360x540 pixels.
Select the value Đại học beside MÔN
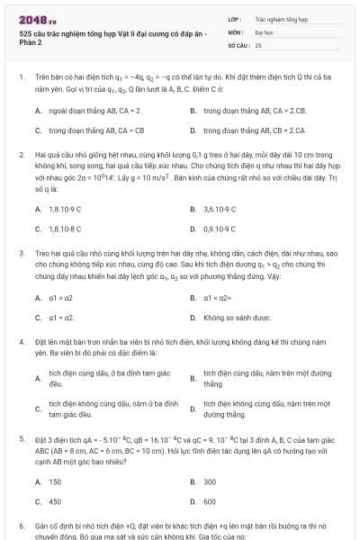[x=264, y=31]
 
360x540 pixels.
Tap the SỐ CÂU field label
[x=238, y=44]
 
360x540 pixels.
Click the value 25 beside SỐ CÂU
[x=258, y=44]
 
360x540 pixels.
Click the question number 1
[x=21, y=76]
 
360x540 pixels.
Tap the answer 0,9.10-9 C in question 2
[x=220, y=229]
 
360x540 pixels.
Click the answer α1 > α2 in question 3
[x=60, y=298]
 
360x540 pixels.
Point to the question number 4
[x=21, y=343]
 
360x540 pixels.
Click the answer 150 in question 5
[x=55, y=481]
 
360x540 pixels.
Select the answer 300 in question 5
[x=210, y=481]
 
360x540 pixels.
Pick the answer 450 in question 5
[x=55, y=501]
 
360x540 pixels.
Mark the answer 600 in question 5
[x=210, y=501]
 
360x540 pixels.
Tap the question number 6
[x=21, y=524]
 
